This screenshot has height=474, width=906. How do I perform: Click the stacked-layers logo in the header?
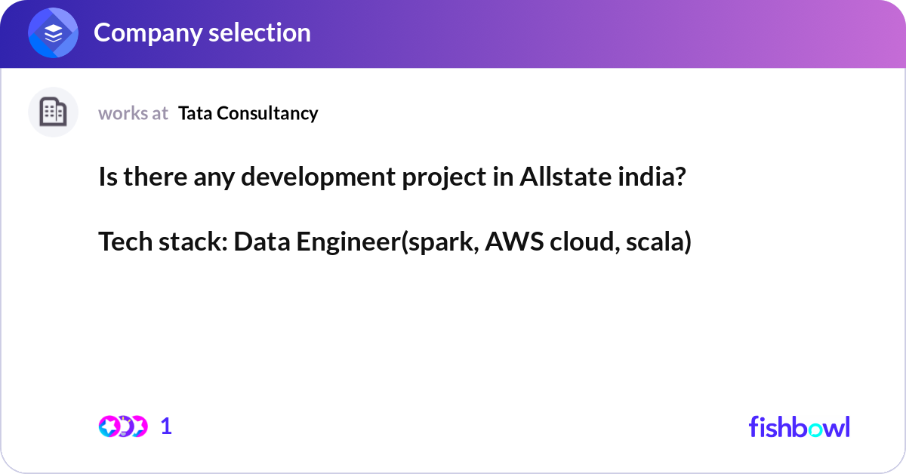click(x=53, y=33)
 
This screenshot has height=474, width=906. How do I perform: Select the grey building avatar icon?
click(x=53, y=112)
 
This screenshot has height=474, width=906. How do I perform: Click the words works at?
click(x=133, y=113)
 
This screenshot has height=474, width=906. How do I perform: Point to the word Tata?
click(x=194, y=113)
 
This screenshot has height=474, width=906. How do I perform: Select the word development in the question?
click(x=310, y=177)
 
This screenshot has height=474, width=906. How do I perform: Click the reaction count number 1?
click(x=166, y=426)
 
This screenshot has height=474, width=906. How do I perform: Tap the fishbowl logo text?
click(x=799, y=426)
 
